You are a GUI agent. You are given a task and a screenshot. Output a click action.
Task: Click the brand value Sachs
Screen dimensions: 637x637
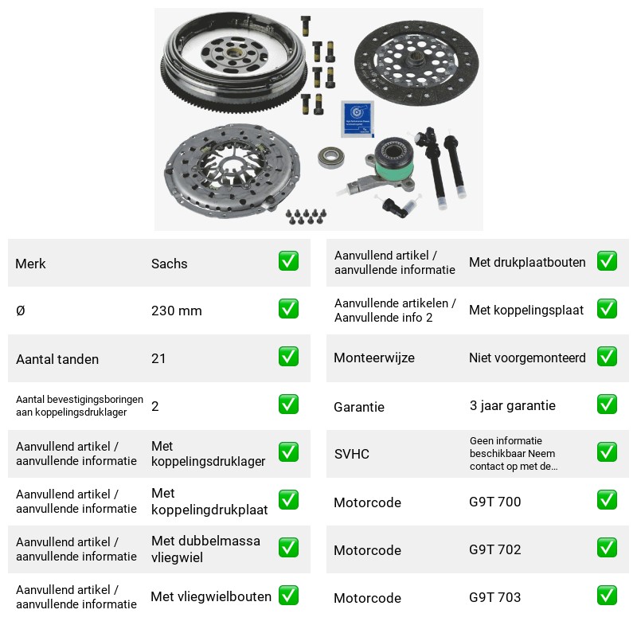(169, 264)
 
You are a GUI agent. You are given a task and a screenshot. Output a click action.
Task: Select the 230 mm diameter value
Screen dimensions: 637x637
(176, 311)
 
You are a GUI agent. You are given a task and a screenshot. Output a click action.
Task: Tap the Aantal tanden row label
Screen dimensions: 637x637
(57, 359)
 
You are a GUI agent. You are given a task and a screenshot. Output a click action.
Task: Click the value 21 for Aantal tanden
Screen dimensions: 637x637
(158, 358)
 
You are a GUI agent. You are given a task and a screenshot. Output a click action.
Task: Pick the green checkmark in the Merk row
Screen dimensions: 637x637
(288, 261)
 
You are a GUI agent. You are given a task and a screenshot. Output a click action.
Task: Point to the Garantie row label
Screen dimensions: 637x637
(359, 407)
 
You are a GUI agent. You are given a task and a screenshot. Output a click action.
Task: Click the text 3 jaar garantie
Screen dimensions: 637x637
(512, 405)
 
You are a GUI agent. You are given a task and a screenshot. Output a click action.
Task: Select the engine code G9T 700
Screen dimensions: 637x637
(494, 502)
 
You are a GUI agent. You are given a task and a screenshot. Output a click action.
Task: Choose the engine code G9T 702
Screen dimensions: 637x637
(494, 549)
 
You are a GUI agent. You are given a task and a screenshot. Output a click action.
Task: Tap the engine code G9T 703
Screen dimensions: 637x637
(494, 597)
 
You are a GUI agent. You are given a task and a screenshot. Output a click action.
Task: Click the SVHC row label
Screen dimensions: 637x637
(351, 454)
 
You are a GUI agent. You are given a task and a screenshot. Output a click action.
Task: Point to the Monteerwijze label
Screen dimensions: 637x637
(374, 358)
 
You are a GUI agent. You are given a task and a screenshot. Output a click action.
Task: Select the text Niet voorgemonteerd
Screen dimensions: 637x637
(527, 358)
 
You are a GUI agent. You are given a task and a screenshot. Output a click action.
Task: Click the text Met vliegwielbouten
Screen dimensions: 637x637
(211, 596)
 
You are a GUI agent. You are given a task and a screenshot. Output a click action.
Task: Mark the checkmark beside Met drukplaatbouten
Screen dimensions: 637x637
(607, 261)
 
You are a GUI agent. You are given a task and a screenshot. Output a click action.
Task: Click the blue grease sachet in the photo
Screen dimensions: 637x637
(357, 119)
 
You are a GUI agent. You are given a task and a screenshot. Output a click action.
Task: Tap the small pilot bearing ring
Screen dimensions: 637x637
(331, 157)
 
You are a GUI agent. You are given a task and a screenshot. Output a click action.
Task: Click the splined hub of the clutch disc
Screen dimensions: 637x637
(416, 62)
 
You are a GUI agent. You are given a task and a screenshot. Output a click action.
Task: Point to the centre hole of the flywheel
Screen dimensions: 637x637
(233, 53)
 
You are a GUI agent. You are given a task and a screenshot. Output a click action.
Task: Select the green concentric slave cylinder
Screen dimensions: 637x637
(392, 159)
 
